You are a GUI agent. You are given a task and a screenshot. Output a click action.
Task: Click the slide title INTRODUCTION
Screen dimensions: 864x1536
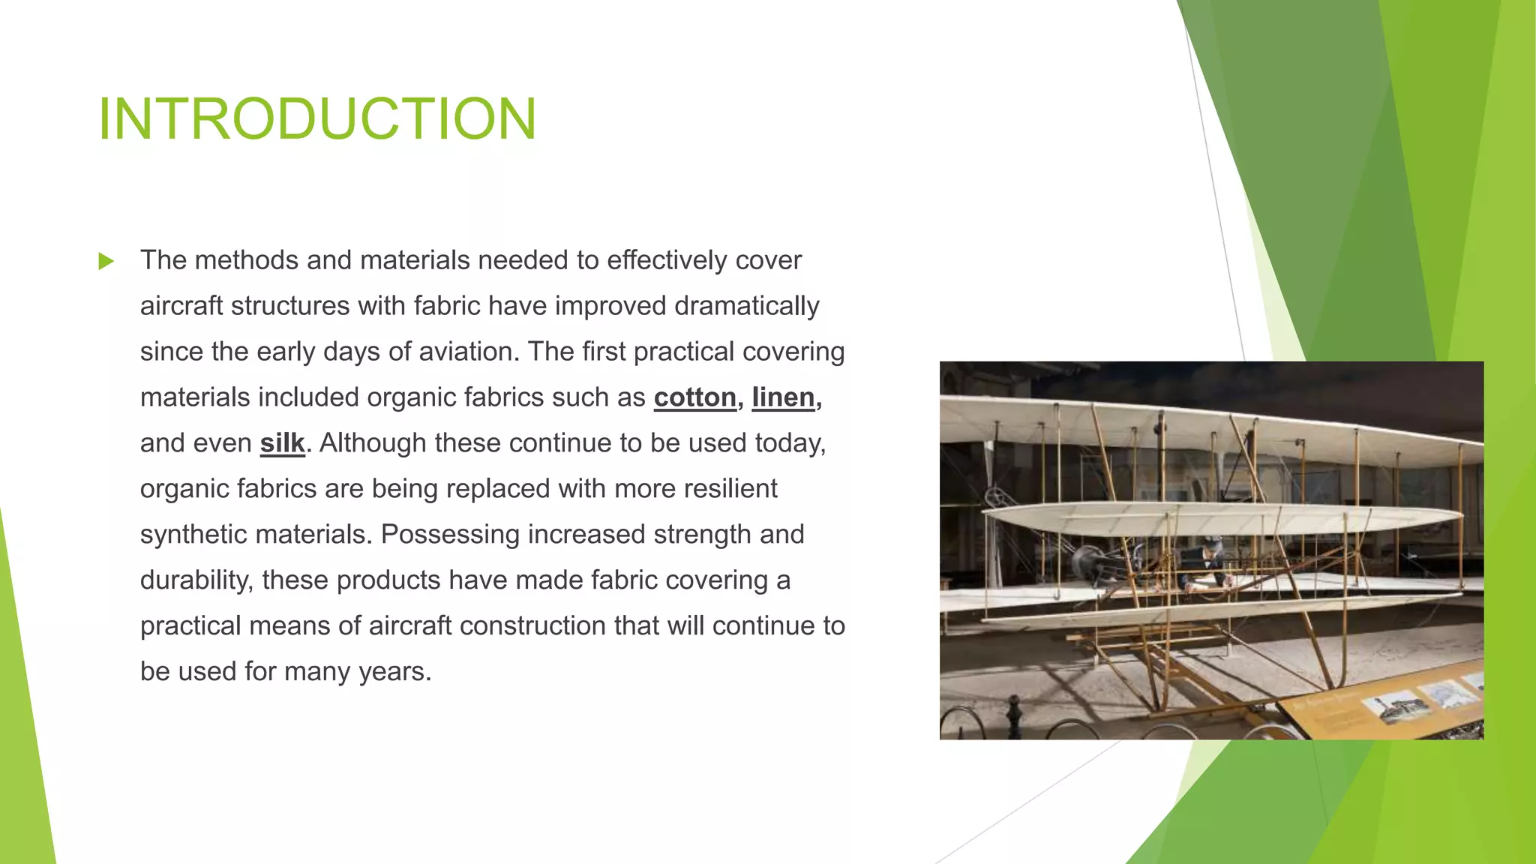[317, 118]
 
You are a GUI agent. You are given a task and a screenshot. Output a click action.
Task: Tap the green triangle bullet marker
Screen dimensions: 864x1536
[106, 262]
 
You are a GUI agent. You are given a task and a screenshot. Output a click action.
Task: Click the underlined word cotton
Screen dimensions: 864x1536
[694, 397]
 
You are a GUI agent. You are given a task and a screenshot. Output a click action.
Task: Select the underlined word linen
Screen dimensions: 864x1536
[783, 397]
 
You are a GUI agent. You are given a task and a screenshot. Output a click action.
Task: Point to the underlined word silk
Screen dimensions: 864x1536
[282, 443]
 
